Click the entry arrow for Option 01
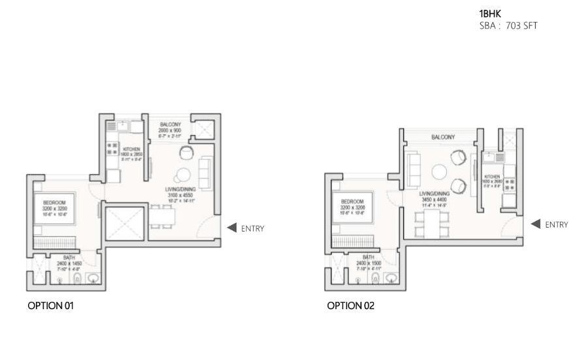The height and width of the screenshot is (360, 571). [230, 228]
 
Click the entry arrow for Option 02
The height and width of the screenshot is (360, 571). [535, 224]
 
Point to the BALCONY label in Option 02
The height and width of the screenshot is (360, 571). [442, 138]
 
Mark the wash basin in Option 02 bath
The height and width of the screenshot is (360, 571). [391, 279]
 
